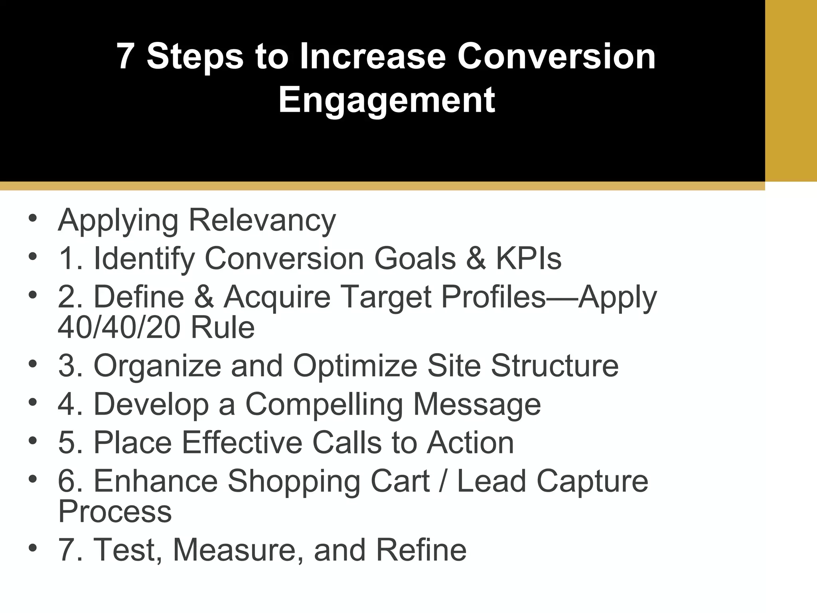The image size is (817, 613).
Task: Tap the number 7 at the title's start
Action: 125,56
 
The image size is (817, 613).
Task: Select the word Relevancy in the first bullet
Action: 262,220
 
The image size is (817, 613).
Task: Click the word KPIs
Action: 528,259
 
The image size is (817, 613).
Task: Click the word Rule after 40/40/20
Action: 223,328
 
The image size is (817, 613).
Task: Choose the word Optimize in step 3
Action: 355,366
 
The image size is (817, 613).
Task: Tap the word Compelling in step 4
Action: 324,404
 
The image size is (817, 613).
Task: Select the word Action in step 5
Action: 470,443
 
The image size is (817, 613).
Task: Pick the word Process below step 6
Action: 115,511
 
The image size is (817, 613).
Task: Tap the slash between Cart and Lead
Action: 443,481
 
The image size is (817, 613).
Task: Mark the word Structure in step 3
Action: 555,366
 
